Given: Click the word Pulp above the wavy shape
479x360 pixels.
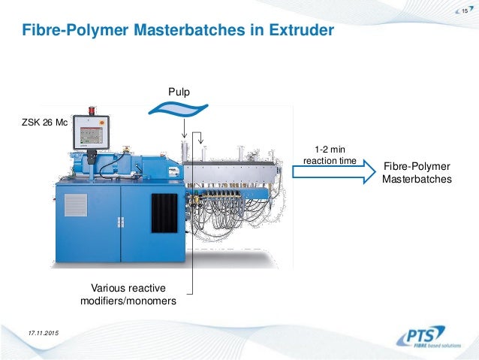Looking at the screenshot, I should coord(179,92).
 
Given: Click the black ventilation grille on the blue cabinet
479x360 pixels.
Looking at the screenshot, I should coord(164,213).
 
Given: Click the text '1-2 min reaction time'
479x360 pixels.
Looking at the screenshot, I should coord(329,154).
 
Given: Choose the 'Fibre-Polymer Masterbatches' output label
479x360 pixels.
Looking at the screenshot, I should coord(417,174).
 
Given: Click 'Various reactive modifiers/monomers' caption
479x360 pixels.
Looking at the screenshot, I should coord(128,295).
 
